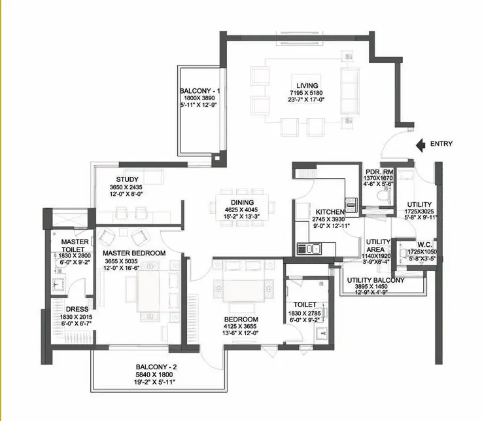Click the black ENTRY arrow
421,145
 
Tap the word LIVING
307,86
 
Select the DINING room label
242,202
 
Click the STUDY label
128,179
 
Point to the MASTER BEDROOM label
134,253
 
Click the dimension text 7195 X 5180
306,93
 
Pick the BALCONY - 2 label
156,367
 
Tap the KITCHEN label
330,212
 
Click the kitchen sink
309,249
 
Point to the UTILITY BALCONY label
375,280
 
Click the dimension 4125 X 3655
240,327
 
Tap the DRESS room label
77,309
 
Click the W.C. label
424,245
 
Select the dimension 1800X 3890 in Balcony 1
199,98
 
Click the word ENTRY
441,144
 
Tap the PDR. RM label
379,172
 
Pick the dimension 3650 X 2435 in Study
126,187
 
